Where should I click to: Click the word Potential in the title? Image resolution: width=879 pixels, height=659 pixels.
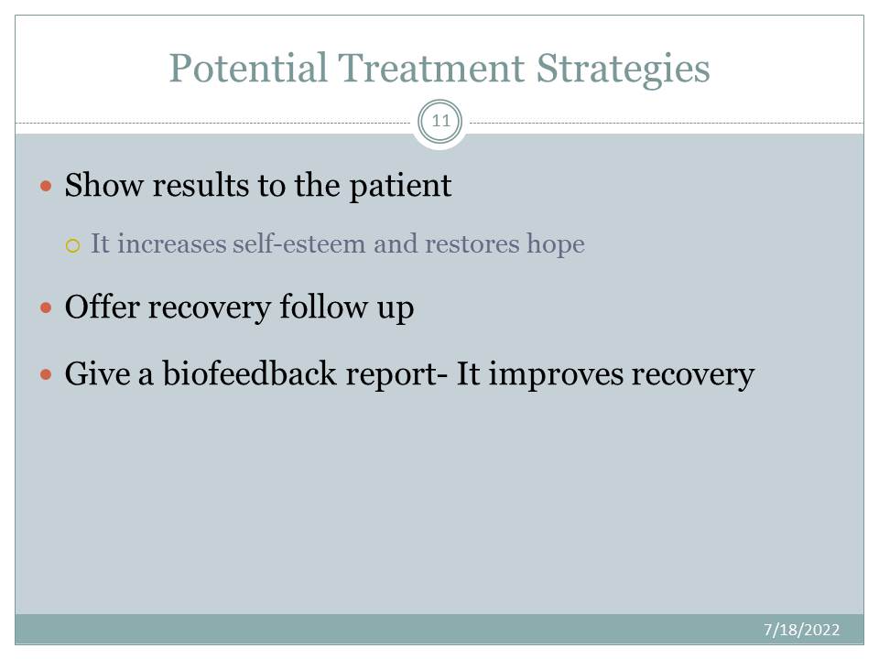[x=248, y=68]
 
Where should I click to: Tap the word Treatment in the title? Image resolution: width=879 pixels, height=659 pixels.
[x=430, y=68]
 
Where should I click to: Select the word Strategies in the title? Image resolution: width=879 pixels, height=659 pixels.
[x=623, y=70]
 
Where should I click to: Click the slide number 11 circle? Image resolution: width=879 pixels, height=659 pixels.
[x=440, y=121]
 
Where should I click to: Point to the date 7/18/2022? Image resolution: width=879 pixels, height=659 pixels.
[x=801, y=630]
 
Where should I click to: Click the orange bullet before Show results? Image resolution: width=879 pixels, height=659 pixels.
[x=46, y=186]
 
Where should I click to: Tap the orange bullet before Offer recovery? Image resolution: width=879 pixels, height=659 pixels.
[x=46, y=308]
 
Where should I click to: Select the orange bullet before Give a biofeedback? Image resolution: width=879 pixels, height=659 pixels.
[x=46, y=373]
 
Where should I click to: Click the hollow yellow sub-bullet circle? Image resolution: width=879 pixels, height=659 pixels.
[x=73, y=245]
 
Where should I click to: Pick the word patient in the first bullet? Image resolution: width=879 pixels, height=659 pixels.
[x=400, y=186]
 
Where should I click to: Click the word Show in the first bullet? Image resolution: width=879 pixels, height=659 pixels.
[x=103, y=185]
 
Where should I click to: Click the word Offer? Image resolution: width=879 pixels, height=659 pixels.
[x=103, y=308]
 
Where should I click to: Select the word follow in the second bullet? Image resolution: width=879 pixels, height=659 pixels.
[x=323, y=308]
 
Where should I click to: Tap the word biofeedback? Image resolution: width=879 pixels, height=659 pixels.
[x=249, y=373]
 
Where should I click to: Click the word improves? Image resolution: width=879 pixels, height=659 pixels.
[x=556, y=375]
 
